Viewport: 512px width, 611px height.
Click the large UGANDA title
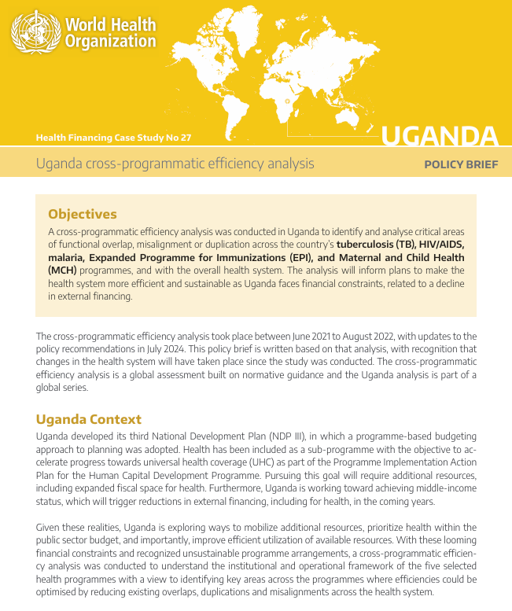coord(440,136)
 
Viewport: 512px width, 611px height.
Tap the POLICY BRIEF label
coord(461,164)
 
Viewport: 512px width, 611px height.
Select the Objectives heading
coord(83,214)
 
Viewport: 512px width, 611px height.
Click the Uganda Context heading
coord(89,419)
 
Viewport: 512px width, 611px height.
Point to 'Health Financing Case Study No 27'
coord(113,138)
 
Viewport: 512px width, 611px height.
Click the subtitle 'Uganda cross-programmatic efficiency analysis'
coord(175,164)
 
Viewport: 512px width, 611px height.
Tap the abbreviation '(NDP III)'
coord(283,436)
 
